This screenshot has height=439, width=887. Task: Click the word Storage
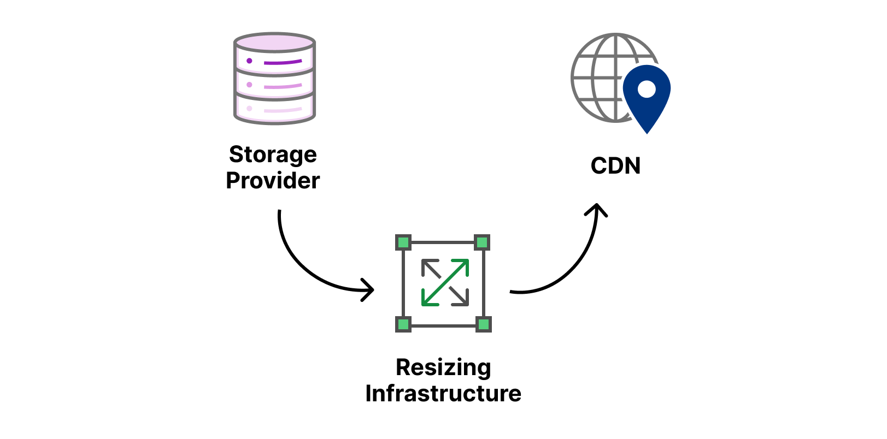click(x=273, y=155)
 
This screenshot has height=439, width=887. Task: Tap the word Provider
click(x=273, y=181)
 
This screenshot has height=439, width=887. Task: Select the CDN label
click(x=615, y=166)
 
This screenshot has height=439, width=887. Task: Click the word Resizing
click(x=443, y=367)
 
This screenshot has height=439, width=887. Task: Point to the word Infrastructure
click(x=443, y=394)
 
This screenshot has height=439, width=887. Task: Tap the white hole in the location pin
click(x=647, y=88)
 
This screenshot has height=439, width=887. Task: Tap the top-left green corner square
click(x=403, y=242)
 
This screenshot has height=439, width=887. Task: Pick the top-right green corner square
click(x=482, y=242)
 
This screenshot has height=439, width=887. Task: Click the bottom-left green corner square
click(x=403, y=324)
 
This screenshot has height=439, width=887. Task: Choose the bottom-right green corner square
click(x=483, y=324)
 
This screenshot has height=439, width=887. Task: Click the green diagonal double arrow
click(x=445, y=282)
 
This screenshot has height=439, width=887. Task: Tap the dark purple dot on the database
click(x=249, y=61)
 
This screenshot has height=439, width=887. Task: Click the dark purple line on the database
click(x=283, y=62)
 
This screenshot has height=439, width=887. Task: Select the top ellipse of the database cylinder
click(x=274, y=42)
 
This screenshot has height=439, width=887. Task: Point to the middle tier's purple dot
click(x=249, y=85)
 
